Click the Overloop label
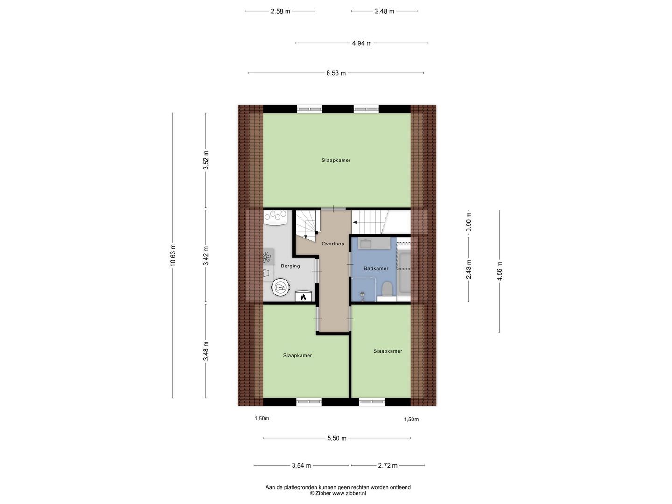click(333, 244)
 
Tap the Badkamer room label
click(376, 268)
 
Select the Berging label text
click(290, 266)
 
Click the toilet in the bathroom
click(386, 289)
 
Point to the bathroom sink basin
click(365, 243)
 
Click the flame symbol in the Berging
click(303, 297)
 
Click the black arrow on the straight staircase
click(356, 223)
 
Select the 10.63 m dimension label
click(173, 256)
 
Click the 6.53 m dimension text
click(336, 73)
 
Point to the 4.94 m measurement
click(362, 43)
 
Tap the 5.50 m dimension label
click(336, 438)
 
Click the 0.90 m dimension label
click(469, 222)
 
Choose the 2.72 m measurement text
click(388, 465)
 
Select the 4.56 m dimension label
click(500, 271)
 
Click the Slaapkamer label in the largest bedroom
click(336, 160)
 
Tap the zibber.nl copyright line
click(338, 493)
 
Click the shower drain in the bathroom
click(363, 294)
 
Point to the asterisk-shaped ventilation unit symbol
click(266, 257)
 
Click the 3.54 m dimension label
click(301, 465)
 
